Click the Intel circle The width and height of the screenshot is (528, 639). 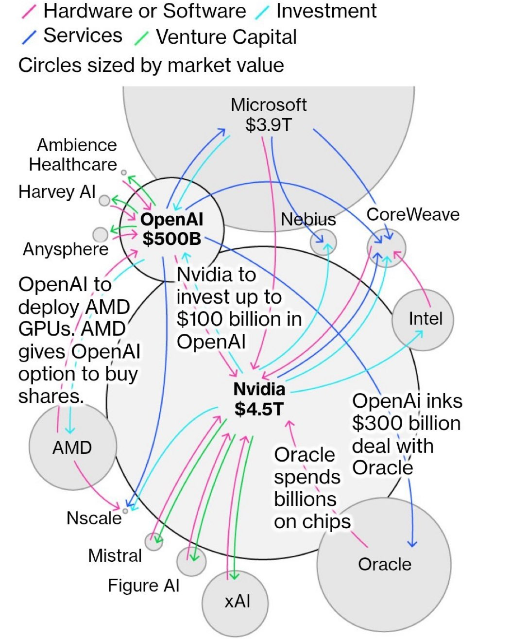tap(423, 320)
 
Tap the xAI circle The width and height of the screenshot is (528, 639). tap(235, 603)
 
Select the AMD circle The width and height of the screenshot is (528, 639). tap(72, 447)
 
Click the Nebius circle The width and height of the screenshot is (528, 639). tap(324, 242)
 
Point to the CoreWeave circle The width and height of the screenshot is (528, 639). tap(386, 248)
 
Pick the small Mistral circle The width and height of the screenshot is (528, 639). tap(153, 541)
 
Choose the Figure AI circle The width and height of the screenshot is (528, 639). tap(191, 561)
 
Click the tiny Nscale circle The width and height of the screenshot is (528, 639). tap(125, 511)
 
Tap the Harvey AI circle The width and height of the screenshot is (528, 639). tap(104, 200)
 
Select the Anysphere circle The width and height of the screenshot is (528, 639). tap(100, 235)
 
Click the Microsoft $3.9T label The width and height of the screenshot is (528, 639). tap(269, 115)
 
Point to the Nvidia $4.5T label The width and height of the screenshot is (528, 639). tap(259, 399)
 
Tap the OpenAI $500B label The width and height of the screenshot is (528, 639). tap(172, 229)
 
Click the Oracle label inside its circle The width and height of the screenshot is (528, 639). tap(384, 564)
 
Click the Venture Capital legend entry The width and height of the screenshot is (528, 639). tap(226, 37)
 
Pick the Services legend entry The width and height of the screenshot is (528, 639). tap(83, 35)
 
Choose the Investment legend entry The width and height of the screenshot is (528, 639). tap(326, 11)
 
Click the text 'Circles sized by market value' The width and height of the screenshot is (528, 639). tap(151, 65)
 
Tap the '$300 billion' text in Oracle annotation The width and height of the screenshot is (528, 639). tap(406, 423)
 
